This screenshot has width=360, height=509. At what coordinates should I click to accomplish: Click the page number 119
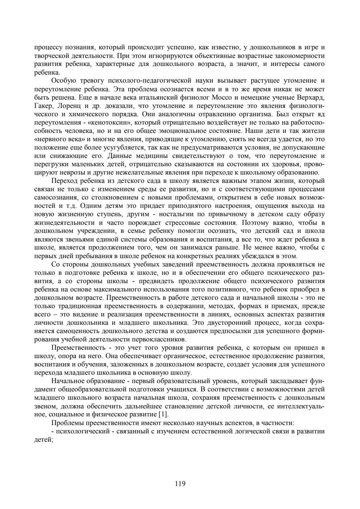coord(180,484)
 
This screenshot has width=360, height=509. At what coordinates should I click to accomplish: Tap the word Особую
coord(62,81)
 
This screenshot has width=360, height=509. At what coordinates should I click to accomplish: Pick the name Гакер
coord(43,106)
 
